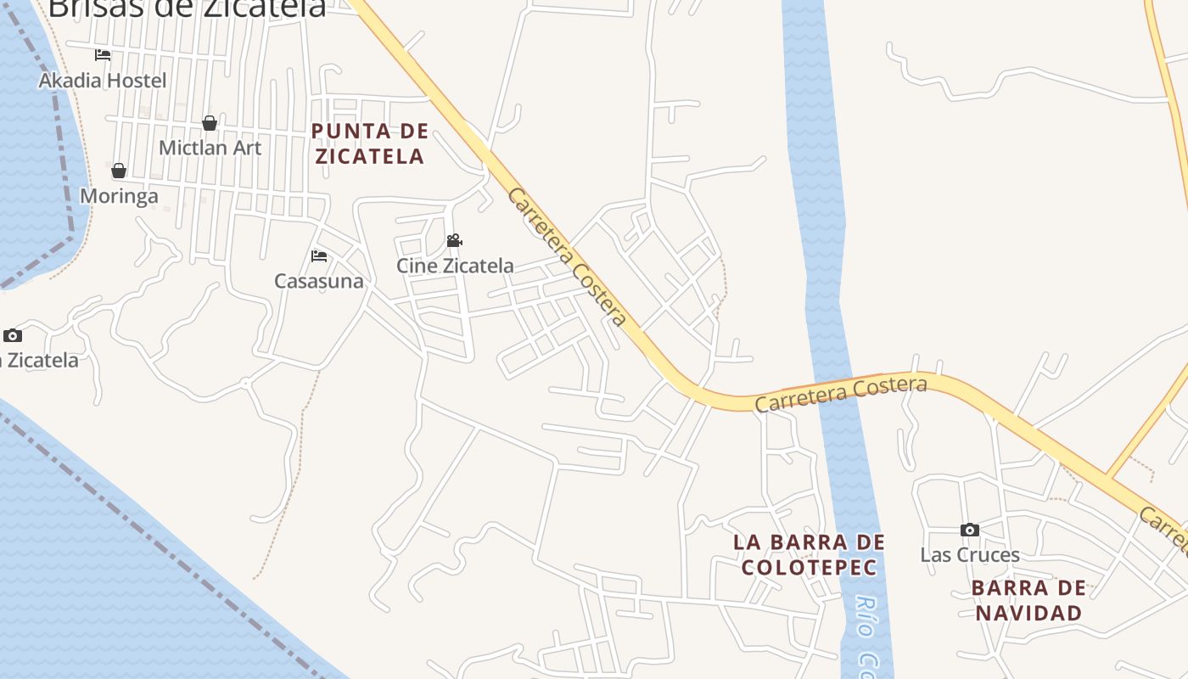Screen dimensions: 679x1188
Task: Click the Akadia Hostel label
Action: pos(103,81)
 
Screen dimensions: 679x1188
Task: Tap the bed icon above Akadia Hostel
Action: pos(103,55)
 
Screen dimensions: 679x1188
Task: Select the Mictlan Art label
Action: pos(210,148)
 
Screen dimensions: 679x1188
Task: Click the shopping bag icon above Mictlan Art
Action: pos(210,123)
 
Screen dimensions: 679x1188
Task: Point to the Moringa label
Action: pos(119,196)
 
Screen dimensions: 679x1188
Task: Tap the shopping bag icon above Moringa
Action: pos(119,171)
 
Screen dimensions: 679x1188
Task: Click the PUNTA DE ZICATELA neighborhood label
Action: pos(369,143)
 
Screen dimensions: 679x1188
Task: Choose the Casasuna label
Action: pos(318,281)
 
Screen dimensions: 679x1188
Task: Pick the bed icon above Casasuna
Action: pos(319,255)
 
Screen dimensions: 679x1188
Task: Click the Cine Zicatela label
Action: pos(455,266)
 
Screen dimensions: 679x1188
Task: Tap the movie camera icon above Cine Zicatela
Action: pos(455,241)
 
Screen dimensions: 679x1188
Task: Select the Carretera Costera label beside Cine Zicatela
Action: pos(567,256)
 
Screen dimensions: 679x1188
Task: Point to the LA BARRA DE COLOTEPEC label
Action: pos(809,554)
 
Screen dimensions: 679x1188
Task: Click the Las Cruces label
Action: pos(970,555)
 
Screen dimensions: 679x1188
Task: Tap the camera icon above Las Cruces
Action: pos(970,530)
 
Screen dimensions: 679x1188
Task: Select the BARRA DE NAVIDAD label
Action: pos(1028,600)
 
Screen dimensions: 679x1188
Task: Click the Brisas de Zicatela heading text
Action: pos(187,8)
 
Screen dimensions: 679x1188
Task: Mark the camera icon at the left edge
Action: pos(12,335)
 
